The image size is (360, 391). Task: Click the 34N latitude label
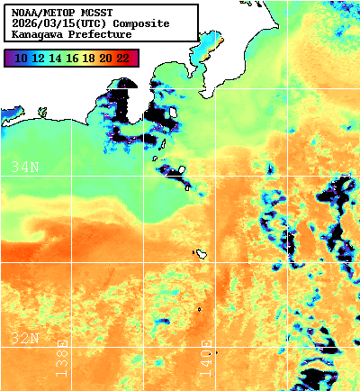tap(25, 167)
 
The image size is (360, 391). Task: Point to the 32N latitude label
tap(25, 338)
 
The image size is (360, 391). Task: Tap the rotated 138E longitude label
tap(62, 358)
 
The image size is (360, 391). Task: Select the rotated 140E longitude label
tap(206, 358)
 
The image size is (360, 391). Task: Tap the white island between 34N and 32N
tap(203, 254)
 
